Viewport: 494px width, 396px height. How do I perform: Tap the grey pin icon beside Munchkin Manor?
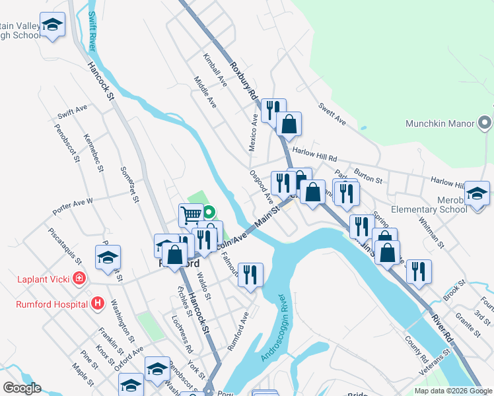(x=485, y=123)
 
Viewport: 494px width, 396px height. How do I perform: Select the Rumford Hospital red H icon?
(x=98, y=304)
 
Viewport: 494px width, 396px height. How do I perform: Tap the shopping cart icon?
(x=191, y=214)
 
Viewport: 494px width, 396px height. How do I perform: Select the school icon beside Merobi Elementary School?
(x=477, y=193)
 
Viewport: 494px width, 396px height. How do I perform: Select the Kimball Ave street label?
(x=215, y=71)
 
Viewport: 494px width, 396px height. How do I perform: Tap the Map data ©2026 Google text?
(x=452, y=391)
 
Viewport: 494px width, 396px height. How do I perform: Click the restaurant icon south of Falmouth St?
(x=250, y=274)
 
